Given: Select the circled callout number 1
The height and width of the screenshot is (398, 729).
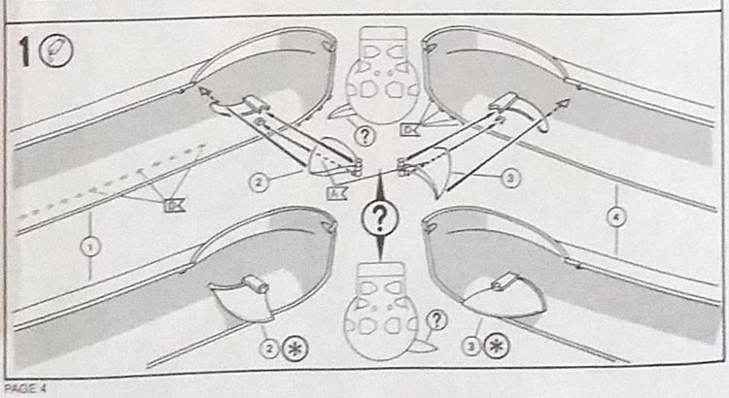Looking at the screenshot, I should tap(90, 248).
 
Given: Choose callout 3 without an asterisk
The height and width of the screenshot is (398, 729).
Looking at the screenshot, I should tap(511, 179).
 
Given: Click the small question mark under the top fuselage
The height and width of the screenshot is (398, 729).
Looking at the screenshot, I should tap(364, 135).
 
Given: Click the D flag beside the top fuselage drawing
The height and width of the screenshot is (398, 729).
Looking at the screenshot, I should tap(410, 128).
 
